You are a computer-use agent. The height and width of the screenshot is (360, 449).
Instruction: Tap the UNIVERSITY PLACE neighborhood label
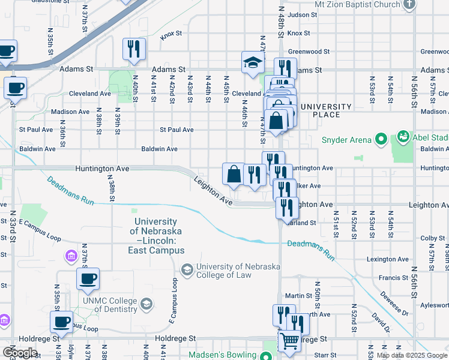(325, 110)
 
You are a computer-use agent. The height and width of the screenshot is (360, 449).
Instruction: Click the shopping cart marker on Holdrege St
(289, 342)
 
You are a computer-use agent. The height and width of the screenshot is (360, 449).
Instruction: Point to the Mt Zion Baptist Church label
(357, 5)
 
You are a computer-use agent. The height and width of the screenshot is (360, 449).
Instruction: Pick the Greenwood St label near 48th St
(309, 52)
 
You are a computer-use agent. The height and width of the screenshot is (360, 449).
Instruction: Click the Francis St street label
(393, 278)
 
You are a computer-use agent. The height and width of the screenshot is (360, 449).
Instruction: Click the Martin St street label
(298, 296)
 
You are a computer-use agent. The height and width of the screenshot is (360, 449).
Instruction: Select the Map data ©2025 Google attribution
(411, 356)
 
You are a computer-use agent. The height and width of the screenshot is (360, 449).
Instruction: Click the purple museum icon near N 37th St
(71, 257)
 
